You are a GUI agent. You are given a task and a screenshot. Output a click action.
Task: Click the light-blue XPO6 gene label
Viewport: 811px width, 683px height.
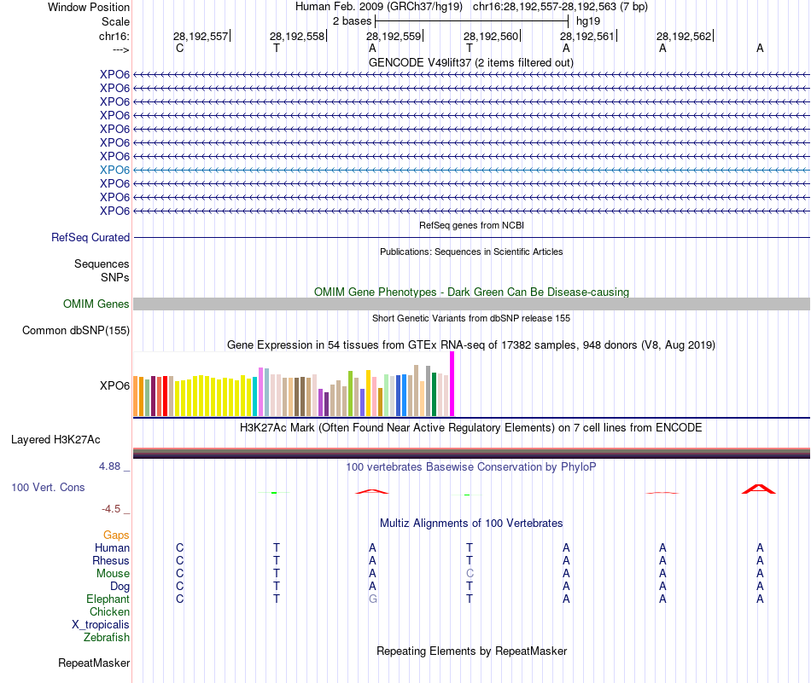pos(114,170)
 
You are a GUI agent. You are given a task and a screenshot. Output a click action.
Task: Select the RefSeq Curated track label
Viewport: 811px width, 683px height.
pos(90,238)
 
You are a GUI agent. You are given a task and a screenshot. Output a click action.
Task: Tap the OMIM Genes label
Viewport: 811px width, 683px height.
pos(96,304)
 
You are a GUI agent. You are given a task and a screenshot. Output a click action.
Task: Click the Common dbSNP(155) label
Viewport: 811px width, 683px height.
pos(76,331)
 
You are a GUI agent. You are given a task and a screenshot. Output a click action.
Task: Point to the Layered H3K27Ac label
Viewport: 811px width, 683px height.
pos(55,440)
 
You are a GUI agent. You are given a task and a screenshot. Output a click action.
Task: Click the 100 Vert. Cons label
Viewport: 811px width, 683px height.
pos(48,488)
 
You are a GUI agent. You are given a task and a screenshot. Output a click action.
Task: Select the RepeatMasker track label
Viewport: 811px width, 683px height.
pos(94,663)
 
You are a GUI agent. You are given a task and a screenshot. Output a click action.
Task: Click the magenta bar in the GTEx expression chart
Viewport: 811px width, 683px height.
pos(452,384)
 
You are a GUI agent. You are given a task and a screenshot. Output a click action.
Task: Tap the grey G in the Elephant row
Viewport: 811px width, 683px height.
pos(372,599)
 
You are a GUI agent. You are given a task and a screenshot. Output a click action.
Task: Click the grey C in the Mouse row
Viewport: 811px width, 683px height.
pos(470,574)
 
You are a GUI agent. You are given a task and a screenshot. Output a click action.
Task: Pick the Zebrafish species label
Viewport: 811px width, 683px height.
pos(107,637)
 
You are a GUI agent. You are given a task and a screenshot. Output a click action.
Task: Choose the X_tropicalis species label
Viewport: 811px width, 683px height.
pos(101,624)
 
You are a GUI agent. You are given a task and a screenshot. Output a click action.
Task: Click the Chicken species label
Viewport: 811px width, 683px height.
pos(109,612)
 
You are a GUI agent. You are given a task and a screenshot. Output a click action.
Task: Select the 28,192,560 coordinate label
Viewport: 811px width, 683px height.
pos(491,37)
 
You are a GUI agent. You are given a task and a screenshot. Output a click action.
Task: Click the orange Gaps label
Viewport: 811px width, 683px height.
pos(116,535)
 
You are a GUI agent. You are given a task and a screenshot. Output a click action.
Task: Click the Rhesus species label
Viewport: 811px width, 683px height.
pos(111,561)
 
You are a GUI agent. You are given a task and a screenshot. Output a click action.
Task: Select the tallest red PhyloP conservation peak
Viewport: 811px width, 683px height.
pos(759,489)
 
